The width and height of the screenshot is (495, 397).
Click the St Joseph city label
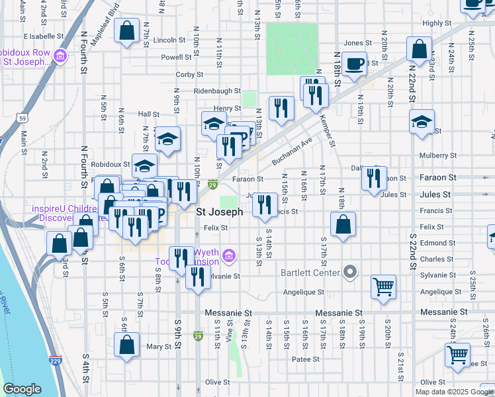pyautogui.click(x=220, y=212)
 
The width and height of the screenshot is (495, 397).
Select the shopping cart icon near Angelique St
pyautogui.click(x=384, y=287)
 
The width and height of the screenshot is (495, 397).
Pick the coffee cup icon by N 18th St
pyautogui.click(x=354, y=64)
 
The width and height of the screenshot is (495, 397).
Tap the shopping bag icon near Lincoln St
pyautogui.click(x=126, y=30)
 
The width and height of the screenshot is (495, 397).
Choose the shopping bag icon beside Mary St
pyautogui.click(x=126, y=345)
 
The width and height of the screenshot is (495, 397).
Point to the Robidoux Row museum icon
pyautogui.click(x=60, y=56)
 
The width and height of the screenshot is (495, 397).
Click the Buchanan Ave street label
pyautogui.click(x=292, y=152)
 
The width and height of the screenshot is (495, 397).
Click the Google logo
pyautogui.click(x=22, y=389)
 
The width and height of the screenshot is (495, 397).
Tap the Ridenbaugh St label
pyautogui.click(x=217, y=91)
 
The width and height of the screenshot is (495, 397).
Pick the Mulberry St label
pyautogui.click(x=434, y=156)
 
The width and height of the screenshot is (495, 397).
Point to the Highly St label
pyautogui.click(x=436, y=23)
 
